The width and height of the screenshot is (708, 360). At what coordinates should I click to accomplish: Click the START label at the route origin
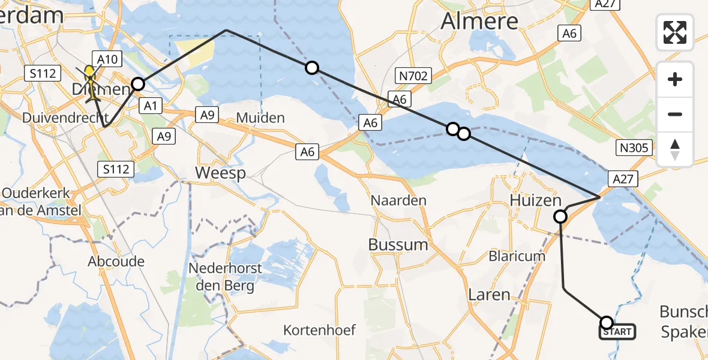617,331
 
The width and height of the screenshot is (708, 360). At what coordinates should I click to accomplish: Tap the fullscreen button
675,32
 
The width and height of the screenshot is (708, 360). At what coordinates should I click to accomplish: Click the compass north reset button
675,149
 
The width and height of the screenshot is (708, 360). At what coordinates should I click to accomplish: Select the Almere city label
479,21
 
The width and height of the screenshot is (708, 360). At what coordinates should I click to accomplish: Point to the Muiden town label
260,117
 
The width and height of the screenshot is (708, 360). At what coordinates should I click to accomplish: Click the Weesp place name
221,173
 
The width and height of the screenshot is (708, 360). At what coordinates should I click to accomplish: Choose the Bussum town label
398,244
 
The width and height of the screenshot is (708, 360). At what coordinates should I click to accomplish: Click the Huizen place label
527,200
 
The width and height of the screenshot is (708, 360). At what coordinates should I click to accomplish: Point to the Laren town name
489,295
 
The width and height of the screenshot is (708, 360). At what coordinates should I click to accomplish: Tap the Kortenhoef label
320,329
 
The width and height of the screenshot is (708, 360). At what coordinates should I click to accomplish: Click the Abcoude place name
116,261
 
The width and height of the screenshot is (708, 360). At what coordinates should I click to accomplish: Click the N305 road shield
634,147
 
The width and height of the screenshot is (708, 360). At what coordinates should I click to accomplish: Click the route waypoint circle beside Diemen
138,84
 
